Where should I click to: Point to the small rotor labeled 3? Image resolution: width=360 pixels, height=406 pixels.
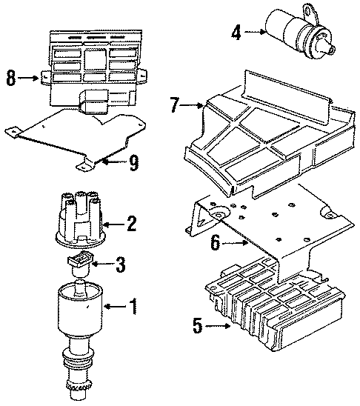point(80,261)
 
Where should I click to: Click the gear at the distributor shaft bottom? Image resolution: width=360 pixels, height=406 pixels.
point(80,390)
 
